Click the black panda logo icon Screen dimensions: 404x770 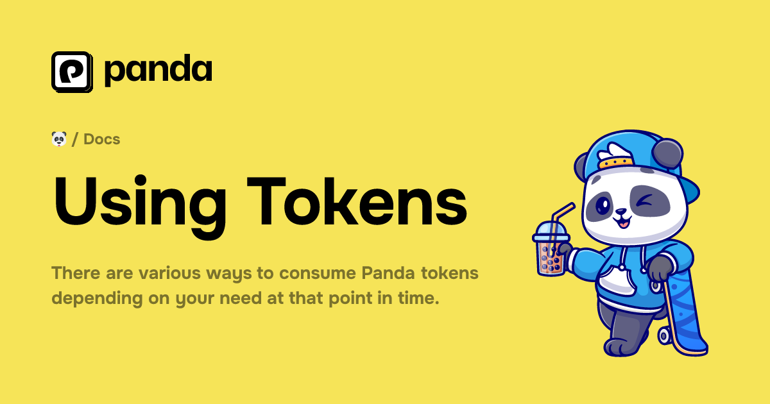72,71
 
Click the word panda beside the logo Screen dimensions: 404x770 158,71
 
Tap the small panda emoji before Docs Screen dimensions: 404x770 59,139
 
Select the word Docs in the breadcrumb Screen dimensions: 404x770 102,139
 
